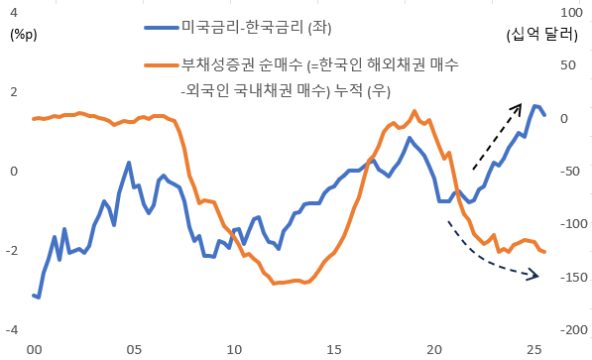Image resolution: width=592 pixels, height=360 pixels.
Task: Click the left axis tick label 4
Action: [13, 13]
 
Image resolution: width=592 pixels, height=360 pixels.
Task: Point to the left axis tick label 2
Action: [13, 92]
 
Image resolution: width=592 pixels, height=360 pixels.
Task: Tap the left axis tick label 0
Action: [13, 172]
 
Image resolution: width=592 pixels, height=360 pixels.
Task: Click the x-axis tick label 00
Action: [34, 350]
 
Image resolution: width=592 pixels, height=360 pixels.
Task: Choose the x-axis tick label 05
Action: [134, 350]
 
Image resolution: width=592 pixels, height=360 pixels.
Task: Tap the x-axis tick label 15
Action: [334, 350]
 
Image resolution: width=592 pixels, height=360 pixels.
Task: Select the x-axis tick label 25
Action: [534, 350]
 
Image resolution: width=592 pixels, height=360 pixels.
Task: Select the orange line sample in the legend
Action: [160, 65]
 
